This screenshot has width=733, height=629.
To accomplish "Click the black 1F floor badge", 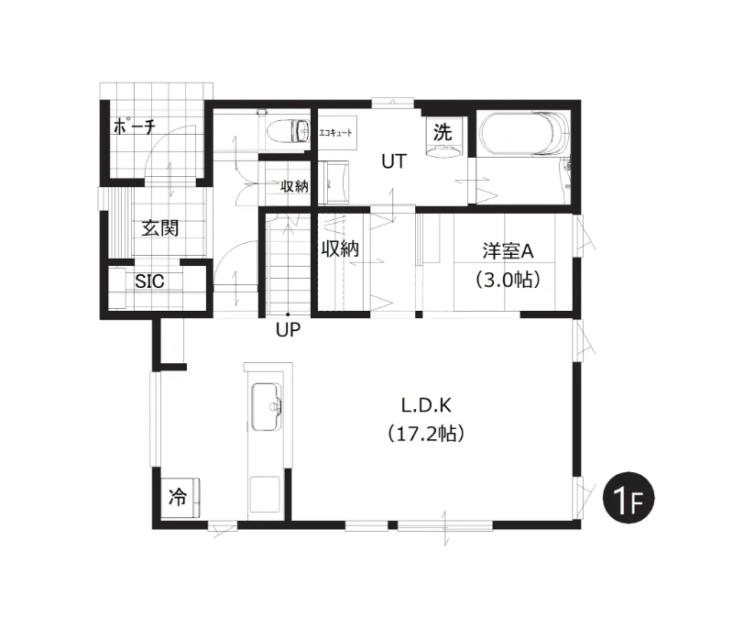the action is tap(629, 498).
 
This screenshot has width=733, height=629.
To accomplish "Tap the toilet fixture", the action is tap(289, 130).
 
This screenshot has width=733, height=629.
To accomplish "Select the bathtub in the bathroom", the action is tap(524, 132).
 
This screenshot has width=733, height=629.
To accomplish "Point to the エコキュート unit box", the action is tap(337, 133).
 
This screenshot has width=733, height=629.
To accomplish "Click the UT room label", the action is tap(394, 161).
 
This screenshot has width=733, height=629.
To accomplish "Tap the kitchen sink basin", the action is tap(267, 406).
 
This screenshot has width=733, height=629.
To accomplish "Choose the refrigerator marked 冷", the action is tap(181, 498).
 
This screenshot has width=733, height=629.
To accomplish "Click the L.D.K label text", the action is tap(426, 405).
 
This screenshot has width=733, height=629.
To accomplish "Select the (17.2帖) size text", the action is tap(426, 434).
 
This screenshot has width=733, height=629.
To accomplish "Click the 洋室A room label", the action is tap(509, 251).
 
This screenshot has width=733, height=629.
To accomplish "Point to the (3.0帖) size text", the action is tap(509, 280).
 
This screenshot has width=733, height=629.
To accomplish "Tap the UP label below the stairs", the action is tap(288, 330).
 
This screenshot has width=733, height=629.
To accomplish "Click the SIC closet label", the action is tap(149, 281).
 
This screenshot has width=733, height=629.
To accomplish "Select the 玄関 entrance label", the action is tap(159, 228).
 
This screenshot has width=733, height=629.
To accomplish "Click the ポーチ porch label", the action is tap(134, 127).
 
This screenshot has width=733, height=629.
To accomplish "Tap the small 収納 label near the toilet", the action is tap(294, 186).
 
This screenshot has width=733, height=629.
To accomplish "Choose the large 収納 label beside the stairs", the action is tap(340, 248).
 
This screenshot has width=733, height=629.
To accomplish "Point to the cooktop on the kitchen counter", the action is tap(265, 495).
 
